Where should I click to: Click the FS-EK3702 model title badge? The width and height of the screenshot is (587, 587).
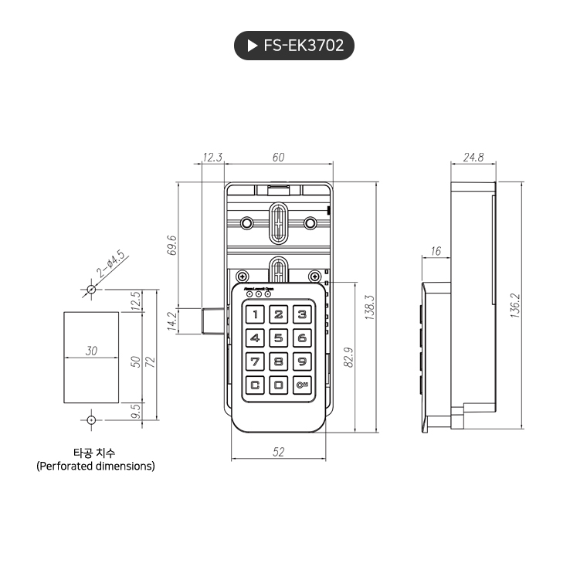pyautogui.click(x=293, y=46)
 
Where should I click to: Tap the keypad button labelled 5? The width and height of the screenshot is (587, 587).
pyautogui.click(x=279, y=338)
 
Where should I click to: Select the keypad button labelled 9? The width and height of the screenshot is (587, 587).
pyautogui.click(x=302, y=361)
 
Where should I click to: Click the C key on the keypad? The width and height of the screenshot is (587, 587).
pyautogui.click(x=255, y=385)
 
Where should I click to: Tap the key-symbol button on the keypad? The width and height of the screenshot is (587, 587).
pyautogui.click(x=302, y=385)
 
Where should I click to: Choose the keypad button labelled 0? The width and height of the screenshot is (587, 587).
pyautogui.click(x=279, y=385)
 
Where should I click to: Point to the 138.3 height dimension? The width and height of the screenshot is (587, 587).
pyautogui.click(x=369, y=307)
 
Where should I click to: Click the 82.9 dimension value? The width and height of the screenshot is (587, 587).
pyautogui.click(x=348, y=357)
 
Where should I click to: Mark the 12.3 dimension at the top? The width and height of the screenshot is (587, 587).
pyautogui.click(x=212, y=158)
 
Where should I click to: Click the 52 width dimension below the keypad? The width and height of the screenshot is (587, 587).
pyautogui.click(x=279, y=452)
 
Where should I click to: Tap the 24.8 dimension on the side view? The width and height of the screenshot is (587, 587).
pyautogui.click(x=473, y=158)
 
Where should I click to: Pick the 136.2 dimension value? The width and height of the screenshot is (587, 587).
pyautogui.click(x=515, y=304)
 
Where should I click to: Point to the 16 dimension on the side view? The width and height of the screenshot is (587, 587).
pyautogui.click(x=436, y=251)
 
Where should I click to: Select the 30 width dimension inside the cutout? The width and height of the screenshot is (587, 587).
pyautogui.click(x=92, y=351)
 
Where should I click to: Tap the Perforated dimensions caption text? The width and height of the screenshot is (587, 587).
pyautogui.click(x=95, y=466)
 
